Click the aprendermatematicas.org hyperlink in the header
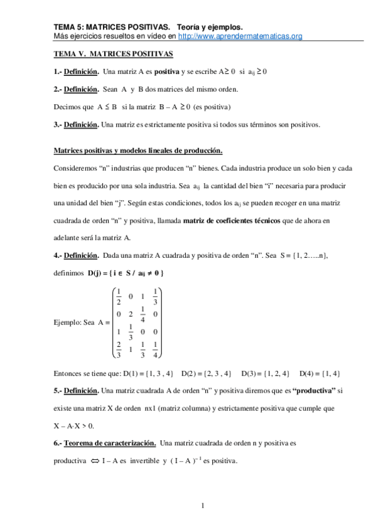[240, 36]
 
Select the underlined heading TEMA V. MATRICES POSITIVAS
[113, 55]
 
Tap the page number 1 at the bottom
[203, 505]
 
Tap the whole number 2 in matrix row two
[130, 313]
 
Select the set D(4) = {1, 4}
[320, 373]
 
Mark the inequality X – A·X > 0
[73, 426]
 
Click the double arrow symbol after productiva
[95, 461]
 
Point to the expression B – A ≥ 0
[168, 107]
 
